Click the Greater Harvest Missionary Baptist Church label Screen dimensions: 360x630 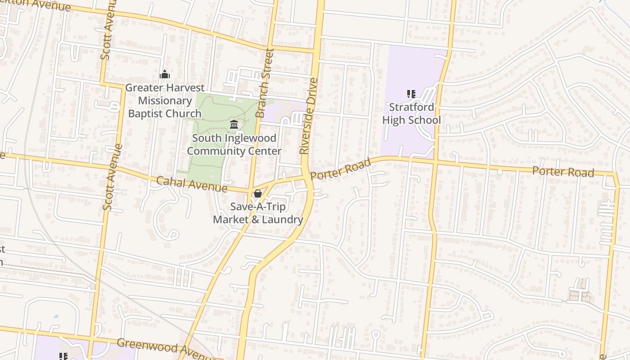click(165, 101)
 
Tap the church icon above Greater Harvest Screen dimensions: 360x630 click(165, 74)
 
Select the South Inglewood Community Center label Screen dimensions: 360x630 click(234, 144)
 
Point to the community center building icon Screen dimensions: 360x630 click(234, 124)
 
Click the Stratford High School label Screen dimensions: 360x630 click(411, 113)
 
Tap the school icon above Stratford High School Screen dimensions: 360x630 click(411, 94)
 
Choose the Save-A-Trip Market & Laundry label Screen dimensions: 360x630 click(258, 213)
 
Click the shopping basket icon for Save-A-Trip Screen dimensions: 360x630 click(257, 194)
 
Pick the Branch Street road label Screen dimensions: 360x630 click(265, 83)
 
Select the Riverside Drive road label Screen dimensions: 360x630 click(309, 116)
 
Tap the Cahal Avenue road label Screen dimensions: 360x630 click(192, 184)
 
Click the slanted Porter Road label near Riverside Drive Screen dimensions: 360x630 click(341, 169)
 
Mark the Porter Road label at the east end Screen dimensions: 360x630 click(563, 171)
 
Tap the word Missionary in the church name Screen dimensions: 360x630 click(165, 101)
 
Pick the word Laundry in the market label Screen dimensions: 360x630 click(283, 220)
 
